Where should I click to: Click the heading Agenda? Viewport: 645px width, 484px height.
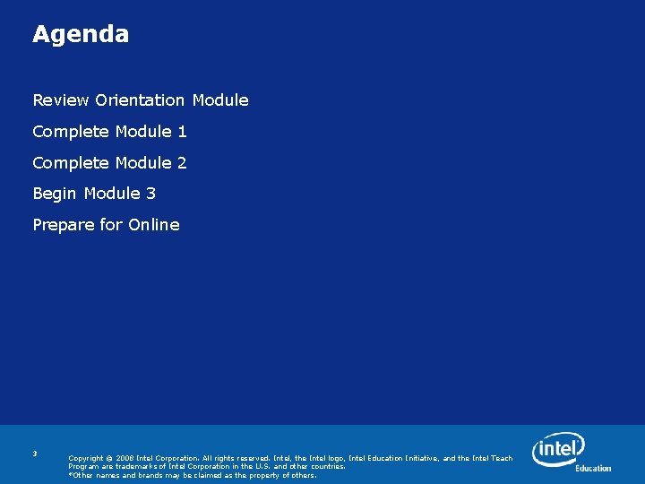point(81,35)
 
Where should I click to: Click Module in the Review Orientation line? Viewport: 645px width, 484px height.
point(220,100)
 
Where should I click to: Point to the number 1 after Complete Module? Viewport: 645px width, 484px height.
point(182,132)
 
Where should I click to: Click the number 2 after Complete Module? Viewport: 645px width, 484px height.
point(182,163)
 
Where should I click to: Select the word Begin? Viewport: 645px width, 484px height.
point(55,194)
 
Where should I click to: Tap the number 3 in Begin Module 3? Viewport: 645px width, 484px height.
point(150,194)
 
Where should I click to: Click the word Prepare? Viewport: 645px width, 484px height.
point(63,225)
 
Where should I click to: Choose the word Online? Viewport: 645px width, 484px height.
point(154,225)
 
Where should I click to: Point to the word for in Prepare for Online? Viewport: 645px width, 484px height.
point(111,225)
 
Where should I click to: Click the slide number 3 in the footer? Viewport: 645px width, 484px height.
point(35,454)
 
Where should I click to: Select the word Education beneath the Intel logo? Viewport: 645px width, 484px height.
point(593,468)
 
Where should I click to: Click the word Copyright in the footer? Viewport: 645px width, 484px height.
point(86,458)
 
